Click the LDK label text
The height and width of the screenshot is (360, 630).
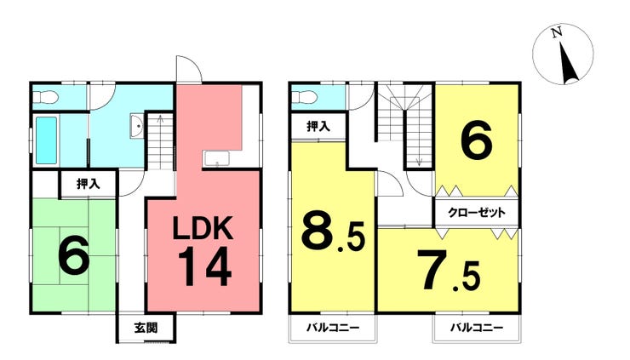click(x=203, y=229)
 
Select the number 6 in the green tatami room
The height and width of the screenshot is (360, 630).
click(x=73, y=255)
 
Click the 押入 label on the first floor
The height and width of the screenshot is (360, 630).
click(x=88, y=183)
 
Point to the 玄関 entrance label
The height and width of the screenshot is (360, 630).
click(x=145, y=327)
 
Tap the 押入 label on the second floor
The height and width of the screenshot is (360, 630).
click(x=319, y=127)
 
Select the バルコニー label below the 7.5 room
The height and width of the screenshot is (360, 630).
click(x=476, y=328)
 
